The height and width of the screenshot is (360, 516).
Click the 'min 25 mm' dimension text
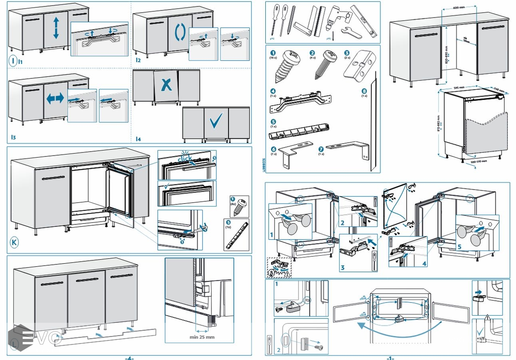[x=202, y=337]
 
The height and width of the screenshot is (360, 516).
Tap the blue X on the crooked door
[x=167, y=84]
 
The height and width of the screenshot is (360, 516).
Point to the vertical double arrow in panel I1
[x=56, y=28]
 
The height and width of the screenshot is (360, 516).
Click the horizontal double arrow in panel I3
[x=55, y=98]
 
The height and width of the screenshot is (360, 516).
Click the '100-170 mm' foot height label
[x=478, y=161]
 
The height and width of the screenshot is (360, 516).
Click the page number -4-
[x=129, y=358]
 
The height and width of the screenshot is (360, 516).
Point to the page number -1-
[x=390, y=358]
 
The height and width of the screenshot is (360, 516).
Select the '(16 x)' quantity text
[x=273, y=58]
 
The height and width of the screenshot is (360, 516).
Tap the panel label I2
[x=138, y=60]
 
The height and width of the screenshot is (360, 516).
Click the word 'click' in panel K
[x=185, y=159]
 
